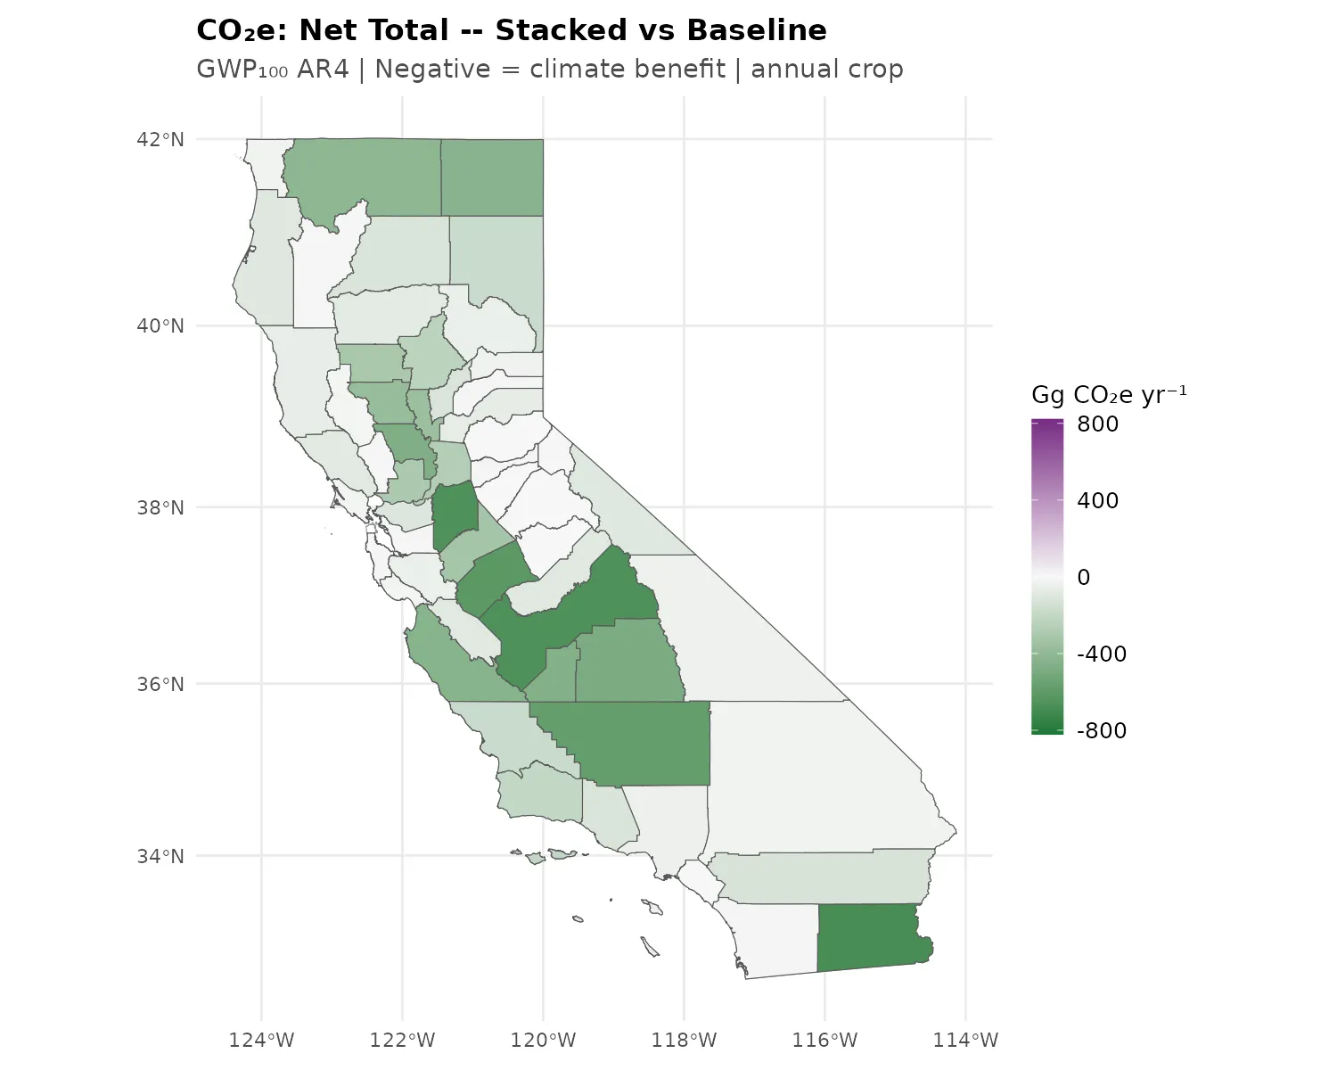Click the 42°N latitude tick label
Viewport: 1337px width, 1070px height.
[x=160, y=139]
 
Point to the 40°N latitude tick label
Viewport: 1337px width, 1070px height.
[x=160, y=325]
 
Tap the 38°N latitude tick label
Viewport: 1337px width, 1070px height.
[x=160, y=507]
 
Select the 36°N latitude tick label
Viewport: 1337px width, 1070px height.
[x=160, y=684]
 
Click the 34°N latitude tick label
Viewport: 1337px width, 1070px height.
[x=160, y=856]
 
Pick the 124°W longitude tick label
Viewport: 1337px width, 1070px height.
[x=261, y=1040]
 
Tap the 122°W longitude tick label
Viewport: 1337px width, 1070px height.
[x=402, y=1040]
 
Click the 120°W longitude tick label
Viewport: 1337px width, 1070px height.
[x=543, y=1040]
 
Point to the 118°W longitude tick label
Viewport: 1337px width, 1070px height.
[x=684, y=1040]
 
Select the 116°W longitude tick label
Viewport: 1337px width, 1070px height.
[x=824, y=1040]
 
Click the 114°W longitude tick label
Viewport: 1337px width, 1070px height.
[x=965, y=1040]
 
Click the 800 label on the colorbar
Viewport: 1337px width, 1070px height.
[x=1097, y=424]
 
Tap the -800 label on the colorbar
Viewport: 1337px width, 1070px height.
[x=1102, y=731]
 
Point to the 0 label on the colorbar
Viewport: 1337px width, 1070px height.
[x=1084, y=578]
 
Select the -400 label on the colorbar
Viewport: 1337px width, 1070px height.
[x=1102, y=654]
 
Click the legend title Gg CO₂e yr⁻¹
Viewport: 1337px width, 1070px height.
[x=1109, y=395]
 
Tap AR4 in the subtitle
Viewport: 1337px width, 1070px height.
[x=323, y=70]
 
